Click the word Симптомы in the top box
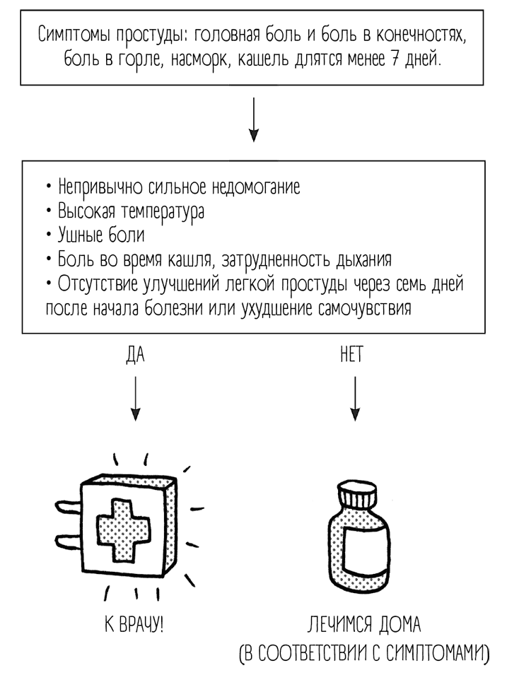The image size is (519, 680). coord(70,35)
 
